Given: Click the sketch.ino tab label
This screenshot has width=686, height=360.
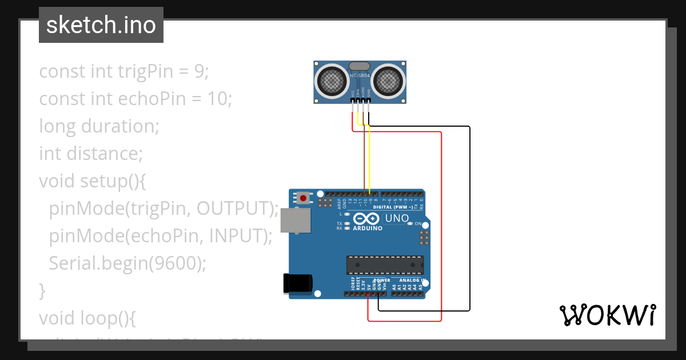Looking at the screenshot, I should pos(101,25).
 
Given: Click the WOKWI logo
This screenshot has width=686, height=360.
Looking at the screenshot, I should pos(607,315).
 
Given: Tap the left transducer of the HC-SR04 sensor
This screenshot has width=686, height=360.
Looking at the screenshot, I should pos(331,81).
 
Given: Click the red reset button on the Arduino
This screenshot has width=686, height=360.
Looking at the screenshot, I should pos(302,198).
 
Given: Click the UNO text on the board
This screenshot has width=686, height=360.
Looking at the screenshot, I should pos(397,218).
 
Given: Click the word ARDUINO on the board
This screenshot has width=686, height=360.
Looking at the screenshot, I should pos(368,228).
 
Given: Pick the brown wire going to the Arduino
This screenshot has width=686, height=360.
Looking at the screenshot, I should pos(364,160).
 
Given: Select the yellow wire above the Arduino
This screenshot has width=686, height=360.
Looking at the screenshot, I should pos(370,160).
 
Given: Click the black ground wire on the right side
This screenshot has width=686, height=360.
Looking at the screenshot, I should pos(470,217).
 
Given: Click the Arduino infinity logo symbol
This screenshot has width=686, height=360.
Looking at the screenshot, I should pos(366,218).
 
